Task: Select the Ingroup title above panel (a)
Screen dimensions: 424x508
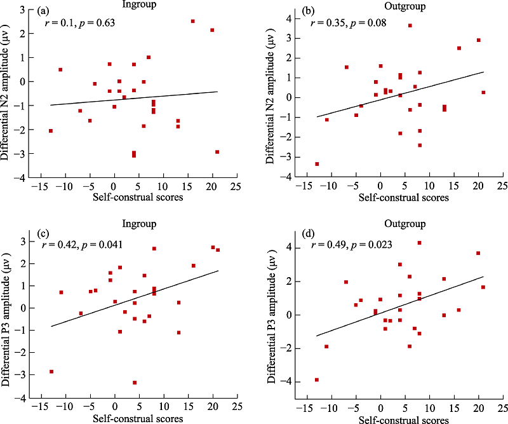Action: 136,6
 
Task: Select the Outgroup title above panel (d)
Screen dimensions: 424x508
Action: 399,224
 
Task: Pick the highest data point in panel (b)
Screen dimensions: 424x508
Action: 410,25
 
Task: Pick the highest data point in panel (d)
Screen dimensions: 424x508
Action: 419,243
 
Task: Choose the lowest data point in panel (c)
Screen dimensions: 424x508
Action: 135,383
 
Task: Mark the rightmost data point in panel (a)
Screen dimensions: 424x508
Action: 217,152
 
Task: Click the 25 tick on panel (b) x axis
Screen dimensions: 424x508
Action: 502,186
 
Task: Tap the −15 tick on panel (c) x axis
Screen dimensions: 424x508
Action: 41,405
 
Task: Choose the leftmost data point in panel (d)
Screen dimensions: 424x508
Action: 316,380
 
